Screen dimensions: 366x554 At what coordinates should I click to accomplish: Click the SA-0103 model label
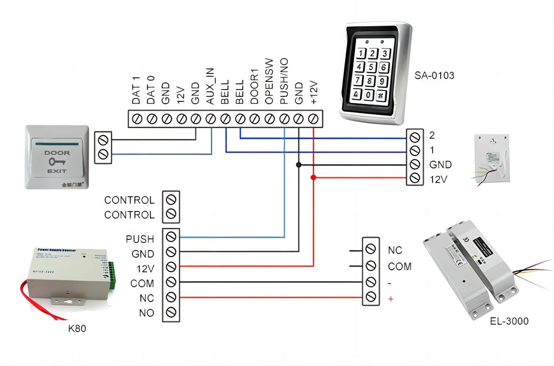434,76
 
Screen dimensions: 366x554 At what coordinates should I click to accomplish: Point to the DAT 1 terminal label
136,90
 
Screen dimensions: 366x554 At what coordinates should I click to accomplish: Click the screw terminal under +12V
313,119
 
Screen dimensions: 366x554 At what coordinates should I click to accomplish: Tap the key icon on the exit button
57,162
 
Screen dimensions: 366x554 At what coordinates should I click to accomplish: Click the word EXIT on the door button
57,171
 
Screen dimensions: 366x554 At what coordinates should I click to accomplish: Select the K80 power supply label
77,328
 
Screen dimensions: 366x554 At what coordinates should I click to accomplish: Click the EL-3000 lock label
509,321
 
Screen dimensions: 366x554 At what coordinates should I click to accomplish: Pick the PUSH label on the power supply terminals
140,239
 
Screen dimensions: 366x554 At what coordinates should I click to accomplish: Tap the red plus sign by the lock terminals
391,299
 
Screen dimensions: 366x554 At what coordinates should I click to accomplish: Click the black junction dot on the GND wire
299,165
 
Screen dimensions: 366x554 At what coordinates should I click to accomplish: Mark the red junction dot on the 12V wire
313,178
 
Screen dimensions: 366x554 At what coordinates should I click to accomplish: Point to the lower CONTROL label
129,215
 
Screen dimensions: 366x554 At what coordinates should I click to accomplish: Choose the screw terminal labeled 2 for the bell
415,137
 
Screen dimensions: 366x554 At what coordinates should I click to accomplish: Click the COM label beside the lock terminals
399,266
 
